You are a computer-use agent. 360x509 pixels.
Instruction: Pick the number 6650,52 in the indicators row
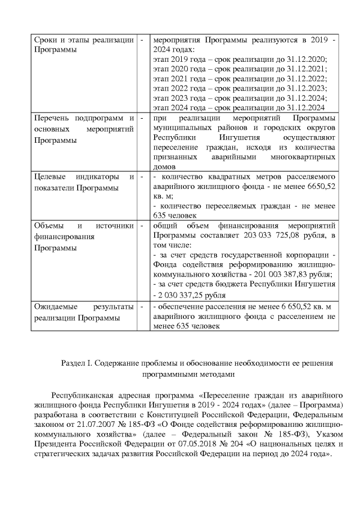pos(318,187)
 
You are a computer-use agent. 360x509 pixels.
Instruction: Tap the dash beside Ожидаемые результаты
pos(142,307)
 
